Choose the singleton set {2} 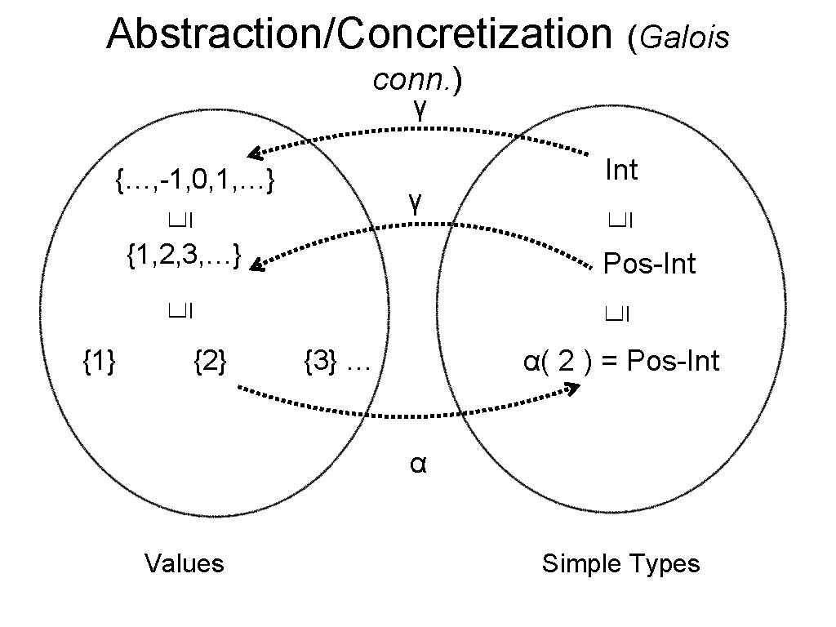tap(211, 359)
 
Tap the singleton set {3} tap(321, 359)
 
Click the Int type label tap(621, 170)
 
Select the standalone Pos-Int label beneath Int tap(649, 264)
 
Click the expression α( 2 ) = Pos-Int tap(621, 360)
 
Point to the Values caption tap(184, 563)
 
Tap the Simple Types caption tap(621, 563)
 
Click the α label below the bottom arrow tap(418, 464)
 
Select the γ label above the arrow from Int tap(418, 108)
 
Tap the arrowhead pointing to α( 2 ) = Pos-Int tap(573, 389)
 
